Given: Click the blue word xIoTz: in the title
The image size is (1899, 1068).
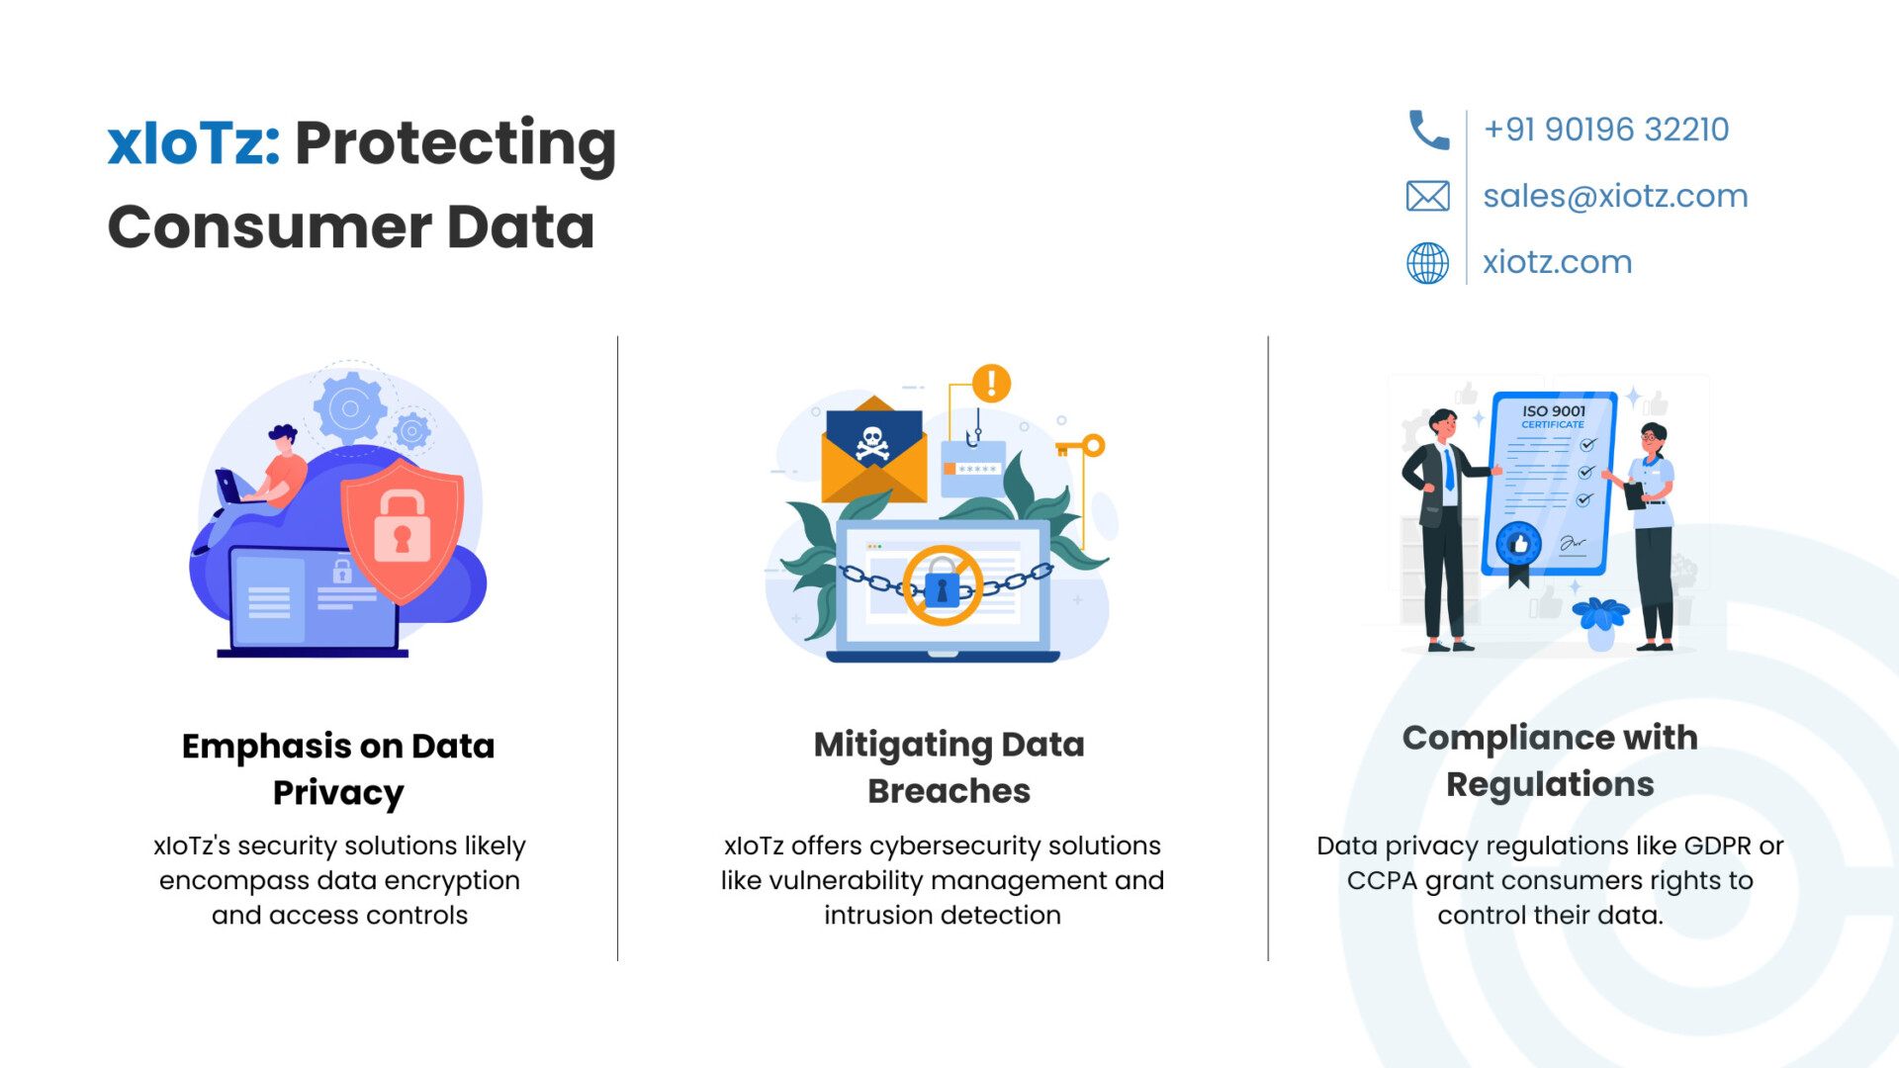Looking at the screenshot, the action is (x=194, y=143).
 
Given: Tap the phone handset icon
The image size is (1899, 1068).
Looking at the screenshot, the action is (x=1428, y=130).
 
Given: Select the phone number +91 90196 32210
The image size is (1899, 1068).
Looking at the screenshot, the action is (x=1606, y=130).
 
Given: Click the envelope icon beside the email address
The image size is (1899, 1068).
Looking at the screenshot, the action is (x=1428, y=196).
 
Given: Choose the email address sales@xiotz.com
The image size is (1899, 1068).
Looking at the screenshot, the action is (x=1615, y=196).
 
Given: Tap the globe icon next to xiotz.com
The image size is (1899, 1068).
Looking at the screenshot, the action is (x=1428, y=263).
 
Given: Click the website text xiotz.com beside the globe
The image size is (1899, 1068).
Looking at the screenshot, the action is (x=1557, y=262).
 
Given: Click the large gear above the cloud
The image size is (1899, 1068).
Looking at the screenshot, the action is (x=349, y=407).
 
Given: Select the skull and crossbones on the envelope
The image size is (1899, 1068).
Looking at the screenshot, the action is (x=872, y=444).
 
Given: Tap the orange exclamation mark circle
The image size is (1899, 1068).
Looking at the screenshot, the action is (x=991, y=383).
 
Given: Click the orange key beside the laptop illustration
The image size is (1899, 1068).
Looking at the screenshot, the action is (x=1081, y=446).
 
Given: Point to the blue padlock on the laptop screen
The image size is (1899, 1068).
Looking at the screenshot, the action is (x=942, y=588).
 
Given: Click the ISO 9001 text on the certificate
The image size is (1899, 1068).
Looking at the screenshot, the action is (x=1554, y=410).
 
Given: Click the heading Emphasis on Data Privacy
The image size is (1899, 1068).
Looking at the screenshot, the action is (x=338, y=769).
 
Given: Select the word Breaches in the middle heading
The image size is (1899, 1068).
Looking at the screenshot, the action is (x=949, y=791).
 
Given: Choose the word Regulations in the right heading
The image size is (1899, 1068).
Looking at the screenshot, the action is (x=1550, y=785).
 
